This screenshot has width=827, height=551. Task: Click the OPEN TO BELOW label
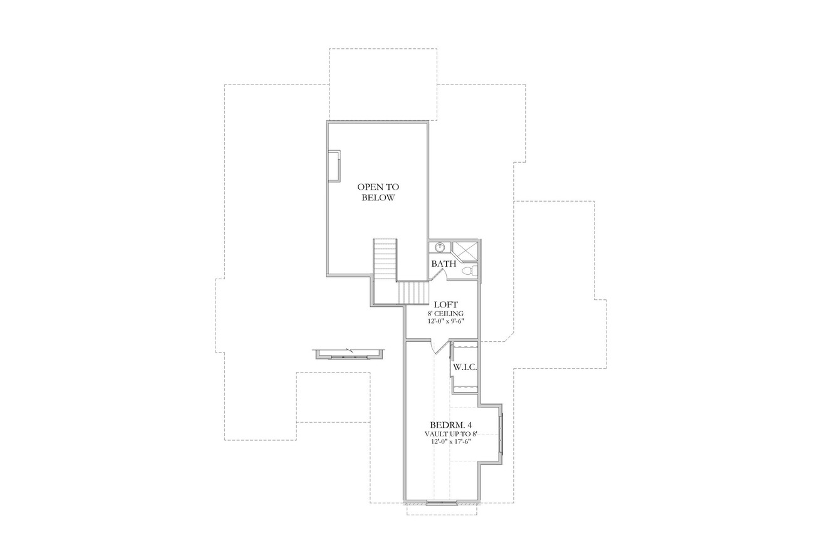[378, 192]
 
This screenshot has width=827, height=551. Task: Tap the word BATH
[443, 264]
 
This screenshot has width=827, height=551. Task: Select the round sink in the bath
[439, 247]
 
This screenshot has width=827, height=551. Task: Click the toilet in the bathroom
[467, 270]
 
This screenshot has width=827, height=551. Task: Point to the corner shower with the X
[466, 250]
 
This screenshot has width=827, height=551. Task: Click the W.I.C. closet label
[465, 368]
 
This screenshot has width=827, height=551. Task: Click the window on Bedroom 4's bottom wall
[442, 502]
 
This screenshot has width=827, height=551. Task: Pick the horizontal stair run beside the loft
[413, 292]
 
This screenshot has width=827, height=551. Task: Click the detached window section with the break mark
[350, 355]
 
